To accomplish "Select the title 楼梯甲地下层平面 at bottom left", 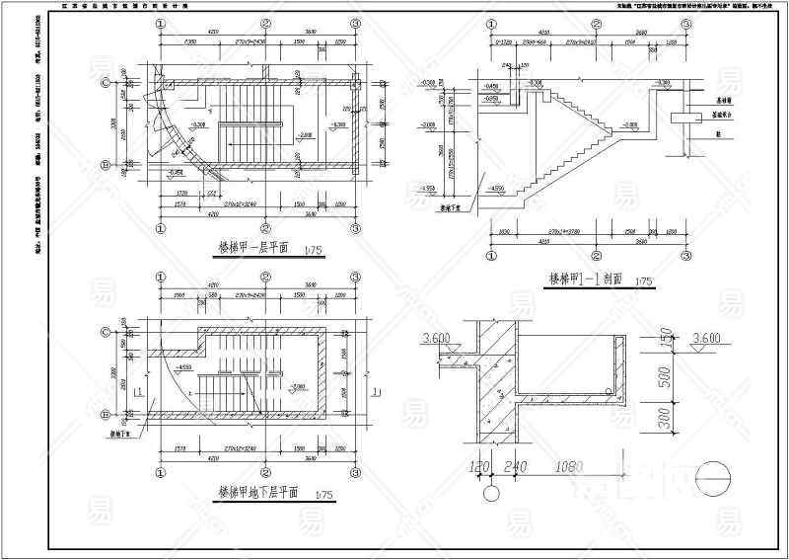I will pos(258,491).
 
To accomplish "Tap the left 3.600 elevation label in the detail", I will pos(435,339).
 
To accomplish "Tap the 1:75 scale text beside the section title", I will pos(645,282).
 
